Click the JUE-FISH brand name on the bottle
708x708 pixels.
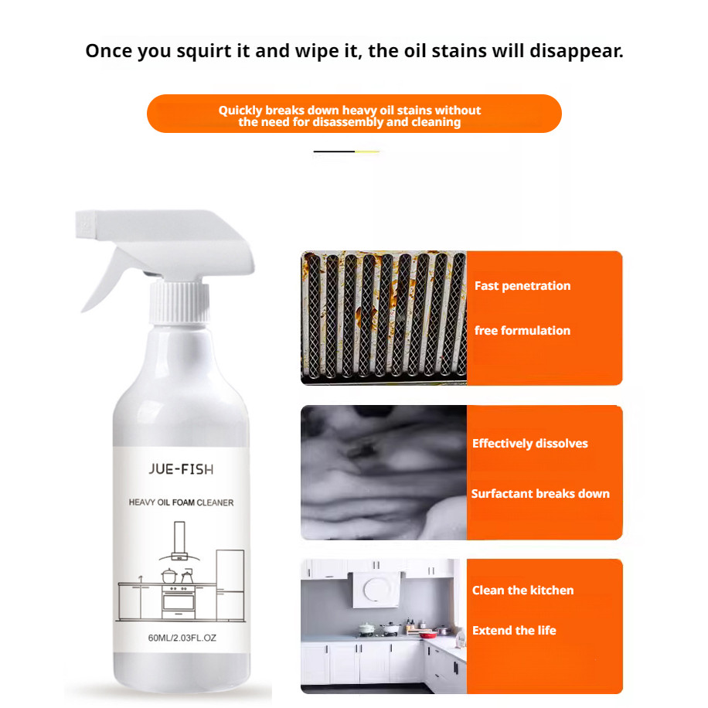[x=181, y=469]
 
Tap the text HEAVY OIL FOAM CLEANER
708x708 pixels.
[x=181, y=503]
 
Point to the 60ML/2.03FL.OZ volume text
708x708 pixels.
[x=181, y=638]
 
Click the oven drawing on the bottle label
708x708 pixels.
[x=179, y=600]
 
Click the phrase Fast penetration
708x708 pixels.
[x=522, y=286]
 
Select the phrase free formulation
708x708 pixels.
[x=522, y=331]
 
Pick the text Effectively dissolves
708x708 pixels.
[x=530, y=444]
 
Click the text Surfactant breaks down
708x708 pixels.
[x=540, y=494]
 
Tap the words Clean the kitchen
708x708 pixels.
[x=523, y=591]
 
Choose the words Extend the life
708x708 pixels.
[x=514, y=631]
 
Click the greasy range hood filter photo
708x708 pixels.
[x=383, y=317]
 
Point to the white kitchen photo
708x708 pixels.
[x=383, y=626]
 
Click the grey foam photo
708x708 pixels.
[x=383, y=472]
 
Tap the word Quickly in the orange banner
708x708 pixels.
[x=240, y=111]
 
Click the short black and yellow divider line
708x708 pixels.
[x=346, y=151]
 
